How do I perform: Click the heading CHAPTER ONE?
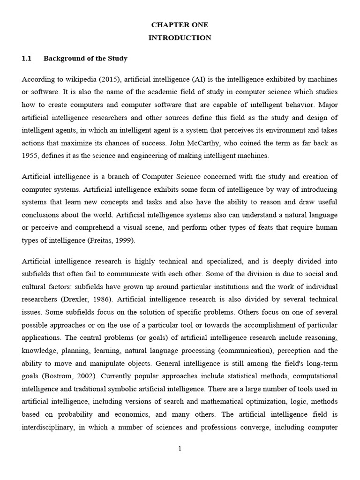coord(180,25)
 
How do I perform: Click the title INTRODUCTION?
coord(180,38)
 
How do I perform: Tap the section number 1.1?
coord(26,59)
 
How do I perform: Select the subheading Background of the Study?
coord(85,59)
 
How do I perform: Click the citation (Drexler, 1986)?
coord(79,299)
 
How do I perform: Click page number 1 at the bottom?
coord(180,449)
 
